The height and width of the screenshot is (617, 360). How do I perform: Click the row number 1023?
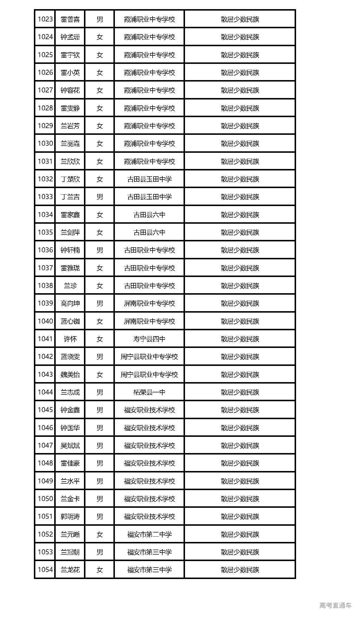(x=45, y=19)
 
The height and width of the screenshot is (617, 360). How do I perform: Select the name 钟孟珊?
(x=70, y=37)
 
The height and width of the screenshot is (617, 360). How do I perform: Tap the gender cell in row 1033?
(x=100, y=197)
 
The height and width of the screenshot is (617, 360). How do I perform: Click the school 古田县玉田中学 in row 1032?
(x=149, y=179)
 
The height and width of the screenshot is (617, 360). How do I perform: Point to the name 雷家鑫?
(x=70, y=215)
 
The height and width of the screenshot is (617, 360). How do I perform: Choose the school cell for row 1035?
(x=149, y=233)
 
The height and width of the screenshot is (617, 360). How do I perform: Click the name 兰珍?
(x=70, y=286)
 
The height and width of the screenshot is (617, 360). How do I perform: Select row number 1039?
(x=45, y=303)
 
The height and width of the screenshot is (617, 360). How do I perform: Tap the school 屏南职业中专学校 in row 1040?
(x=149, y=321)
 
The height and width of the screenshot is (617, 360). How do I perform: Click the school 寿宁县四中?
(x=149, y=339)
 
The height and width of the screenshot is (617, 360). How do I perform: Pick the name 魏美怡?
(x=70, y=374)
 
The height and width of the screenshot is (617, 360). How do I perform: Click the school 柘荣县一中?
(x=149, y=392)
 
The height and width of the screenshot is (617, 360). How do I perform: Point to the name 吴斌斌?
(x=70, y=446)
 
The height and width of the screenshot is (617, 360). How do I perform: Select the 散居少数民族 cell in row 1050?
(x=240, y=499)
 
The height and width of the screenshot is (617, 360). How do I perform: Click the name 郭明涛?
(x=70, y=517)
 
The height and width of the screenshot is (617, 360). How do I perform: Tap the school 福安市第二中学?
(x=149, y=534)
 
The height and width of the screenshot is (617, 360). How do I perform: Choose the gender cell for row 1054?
(x=100, y=570)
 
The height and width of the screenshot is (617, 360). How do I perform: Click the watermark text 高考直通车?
(x=336, y=605)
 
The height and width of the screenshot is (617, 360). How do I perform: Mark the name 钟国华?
(x=70, y=428)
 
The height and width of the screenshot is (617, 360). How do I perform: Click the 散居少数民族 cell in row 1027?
(x=240, y=90)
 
